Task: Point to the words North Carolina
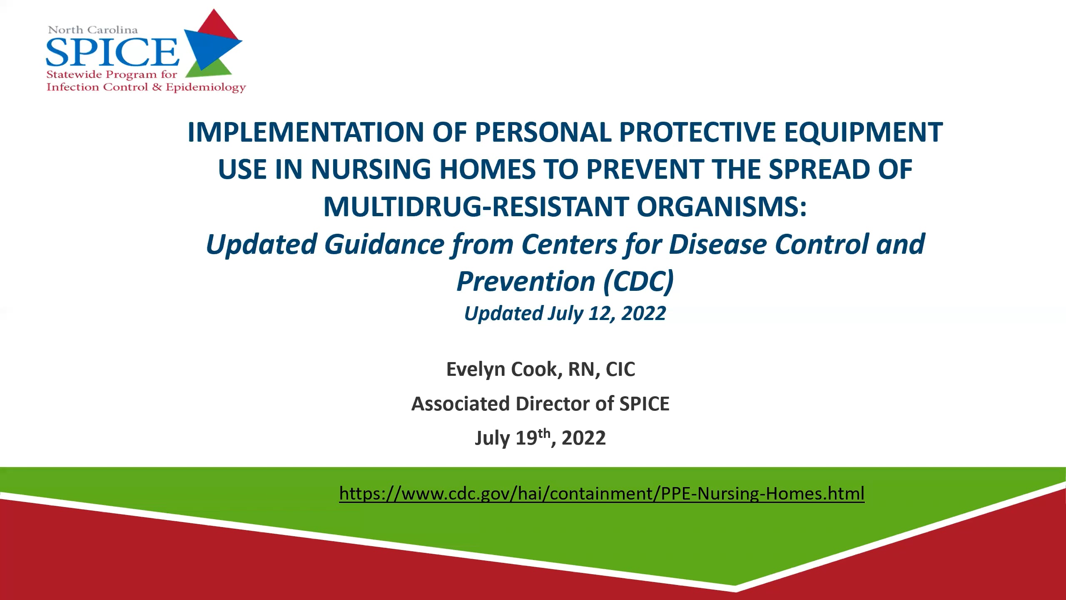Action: pyautogui.click(x=93, y=30)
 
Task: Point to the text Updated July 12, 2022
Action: pyautogui.click(x=565, y=313)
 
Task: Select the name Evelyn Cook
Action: pyautogui.click(x=501, y=369)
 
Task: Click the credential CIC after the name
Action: pyautogui.click(x=620, y=369)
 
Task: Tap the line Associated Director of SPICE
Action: pyautogui.click(x=540, y=404)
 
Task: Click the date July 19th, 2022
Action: pyautogui.click(x=540, y=438)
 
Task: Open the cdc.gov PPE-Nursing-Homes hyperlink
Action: pyautogui.click(x=602, y=493)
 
